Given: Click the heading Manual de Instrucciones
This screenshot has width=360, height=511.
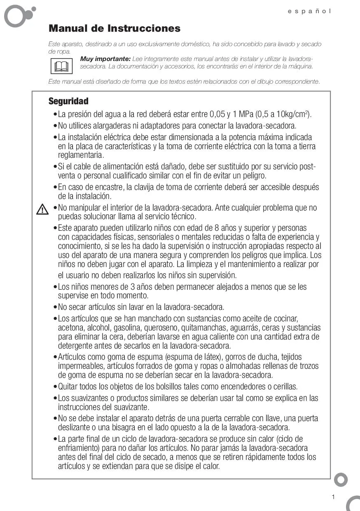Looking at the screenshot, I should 115,28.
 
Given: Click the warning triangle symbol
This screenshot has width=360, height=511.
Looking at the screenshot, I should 42,209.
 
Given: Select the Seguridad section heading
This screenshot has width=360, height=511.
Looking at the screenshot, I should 68,101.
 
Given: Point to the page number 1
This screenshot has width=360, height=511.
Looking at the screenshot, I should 333,497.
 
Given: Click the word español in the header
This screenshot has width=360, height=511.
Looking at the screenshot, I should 309,11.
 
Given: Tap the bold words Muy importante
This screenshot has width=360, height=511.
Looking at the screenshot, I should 105,59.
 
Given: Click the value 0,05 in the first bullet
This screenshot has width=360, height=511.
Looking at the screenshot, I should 217,114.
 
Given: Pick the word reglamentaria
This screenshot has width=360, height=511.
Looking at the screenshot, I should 80,155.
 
